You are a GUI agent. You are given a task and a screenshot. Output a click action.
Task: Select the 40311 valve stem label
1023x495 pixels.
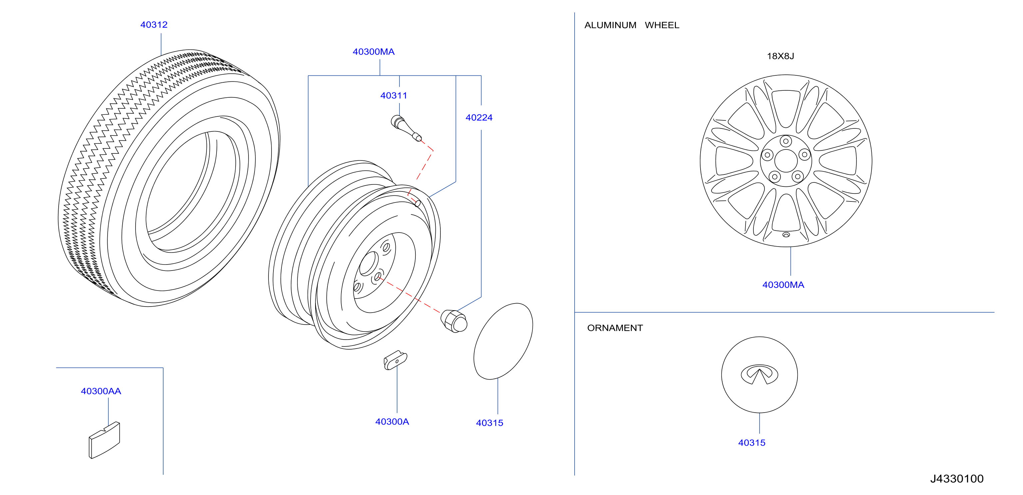click(393, 95)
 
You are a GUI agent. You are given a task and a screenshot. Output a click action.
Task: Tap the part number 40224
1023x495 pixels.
click(479, 118)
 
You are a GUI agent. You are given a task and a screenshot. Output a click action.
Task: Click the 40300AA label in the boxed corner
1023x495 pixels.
click(101, 391)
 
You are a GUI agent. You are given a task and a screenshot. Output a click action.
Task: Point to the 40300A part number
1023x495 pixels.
click(392, 421)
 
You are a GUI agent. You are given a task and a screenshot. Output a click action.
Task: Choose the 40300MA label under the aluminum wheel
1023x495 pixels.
click(783, 285)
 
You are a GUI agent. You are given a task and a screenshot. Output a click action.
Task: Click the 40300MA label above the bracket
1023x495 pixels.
click(373, 52)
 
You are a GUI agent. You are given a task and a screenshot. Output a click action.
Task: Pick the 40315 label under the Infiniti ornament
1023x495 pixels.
click(752, 443)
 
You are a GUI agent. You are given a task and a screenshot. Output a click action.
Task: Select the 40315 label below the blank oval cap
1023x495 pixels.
click(489, 423)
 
